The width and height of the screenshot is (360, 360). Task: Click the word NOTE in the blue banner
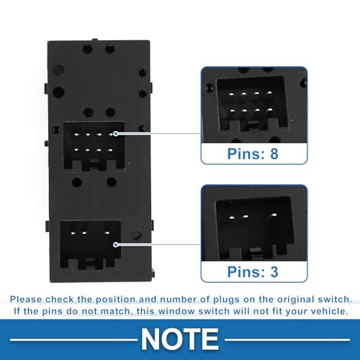click(180, 339)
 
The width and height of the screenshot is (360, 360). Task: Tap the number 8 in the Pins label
click(274, 154)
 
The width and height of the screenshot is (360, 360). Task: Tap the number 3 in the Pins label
click(274, 272)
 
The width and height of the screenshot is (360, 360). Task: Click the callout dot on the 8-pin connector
click(116, 133)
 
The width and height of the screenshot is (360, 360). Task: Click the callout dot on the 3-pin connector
click(116, 245)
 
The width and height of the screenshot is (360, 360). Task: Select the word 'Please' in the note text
click(26, 300)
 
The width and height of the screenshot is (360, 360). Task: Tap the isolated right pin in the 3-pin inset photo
click(274, 215)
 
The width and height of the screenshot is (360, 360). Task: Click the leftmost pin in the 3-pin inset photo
click(232, 217)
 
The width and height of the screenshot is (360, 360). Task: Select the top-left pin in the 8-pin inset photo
click(231, 94)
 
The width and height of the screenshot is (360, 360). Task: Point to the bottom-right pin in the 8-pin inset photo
click(270, 109)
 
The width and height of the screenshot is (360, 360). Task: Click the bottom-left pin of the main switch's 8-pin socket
click(76, 150)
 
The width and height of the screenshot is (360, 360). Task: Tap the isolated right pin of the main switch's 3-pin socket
click(107, 233)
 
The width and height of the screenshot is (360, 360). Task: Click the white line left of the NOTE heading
click(73, 340)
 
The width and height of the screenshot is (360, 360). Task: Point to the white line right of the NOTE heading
click(287, 340)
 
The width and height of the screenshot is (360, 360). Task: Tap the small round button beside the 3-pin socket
click(136, 235)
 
